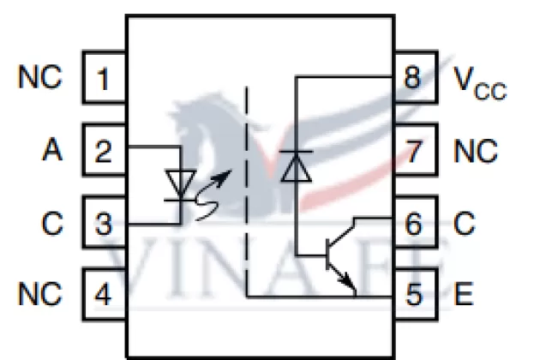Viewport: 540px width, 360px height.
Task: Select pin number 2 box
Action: click(104, 152)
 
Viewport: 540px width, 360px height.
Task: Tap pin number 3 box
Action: click(104, 225)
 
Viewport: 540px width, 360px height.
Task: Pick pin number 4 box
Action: click(104, 296)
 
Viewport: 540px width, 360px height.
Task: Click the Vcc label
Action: click(480, 82)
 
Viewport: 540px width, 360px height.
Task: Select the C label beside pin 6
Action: click(464, 225)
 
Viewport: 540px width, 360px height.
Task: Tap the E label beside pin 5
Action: click(464, 296)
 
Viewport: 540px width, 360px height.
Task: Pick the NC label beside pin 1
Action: click(40, 79)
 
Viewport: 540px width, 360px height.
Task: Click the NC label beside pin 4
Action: click(40, 296)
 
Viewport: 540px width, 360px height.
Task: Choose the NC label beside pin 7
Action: click(476, 152)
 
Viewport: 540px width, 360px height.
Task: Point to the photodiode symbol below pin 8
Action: click(296, 165)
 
